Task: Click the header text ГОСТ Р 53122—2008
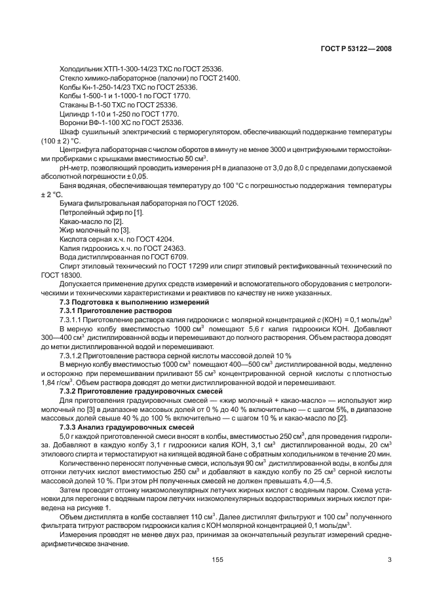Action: tap(356, 48)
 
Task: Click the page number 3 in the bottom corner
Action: tap(390, 558)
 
